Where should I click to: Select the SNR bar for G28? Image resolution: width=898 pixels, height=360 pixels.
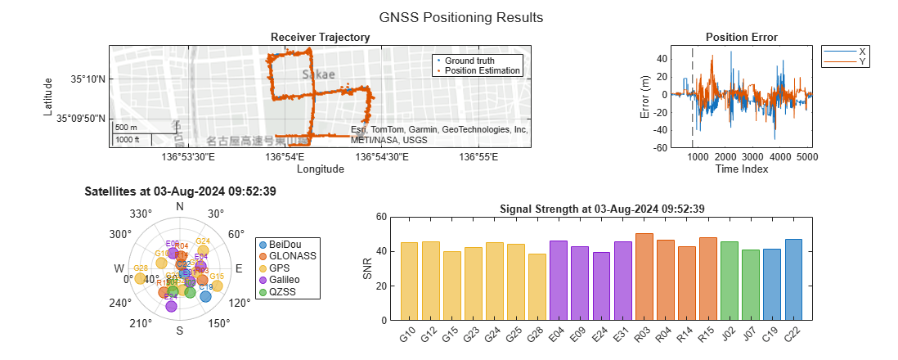(537, 286)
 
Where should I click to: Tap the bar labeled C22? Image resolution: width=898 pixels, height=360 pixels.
(793, 279)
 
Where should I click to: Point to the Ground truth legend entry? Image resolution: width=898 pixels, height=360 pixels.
(474, 61)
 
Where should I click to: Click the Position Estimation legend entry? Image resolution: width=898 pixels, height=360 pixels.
(483, 70)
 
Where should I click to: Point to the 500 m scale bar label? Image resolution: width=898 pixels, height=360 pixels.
(125, 128)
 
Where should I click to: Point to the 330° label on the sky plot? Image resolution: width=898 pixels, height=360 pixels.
(142, 214)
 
